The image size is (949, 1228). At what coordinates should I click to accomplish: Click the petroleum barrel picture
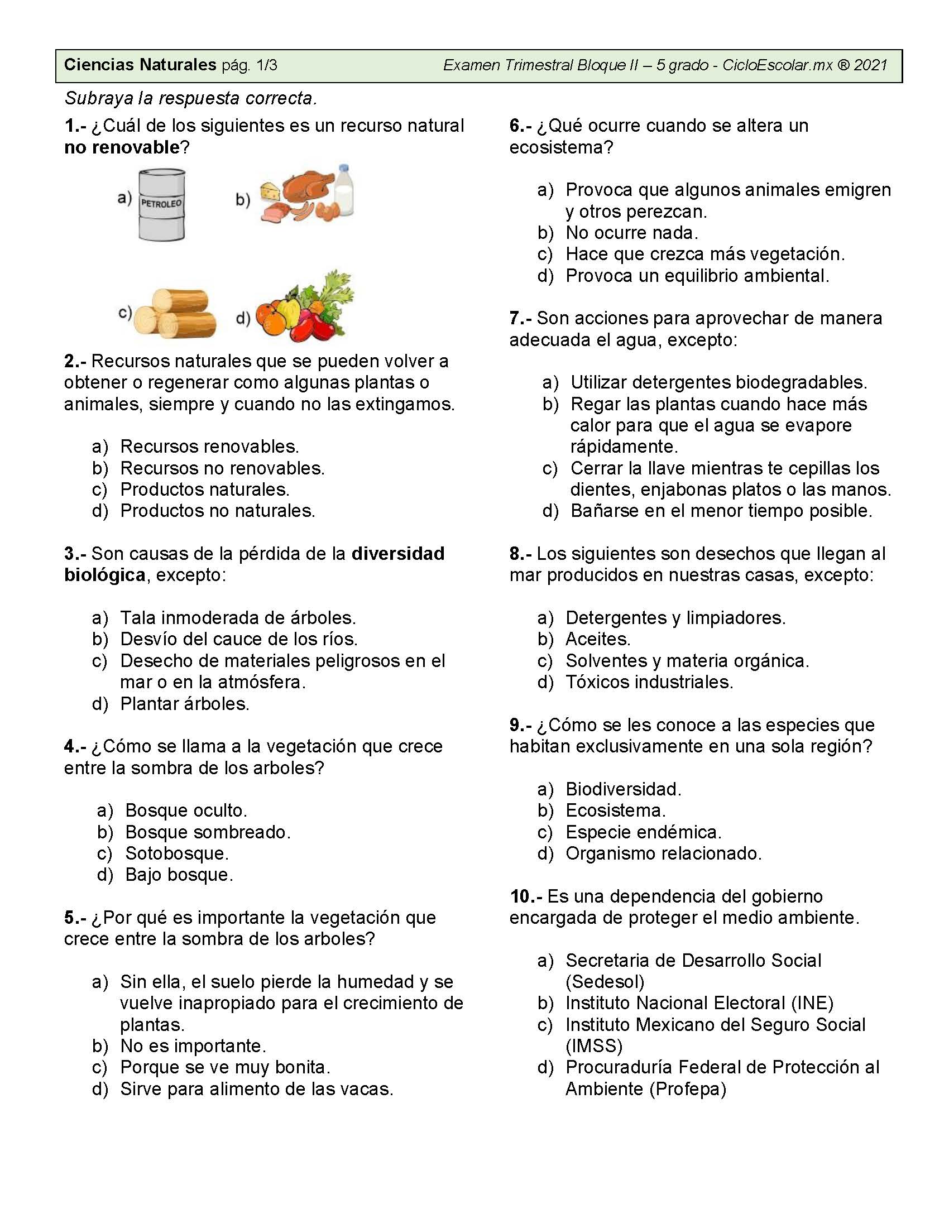161,205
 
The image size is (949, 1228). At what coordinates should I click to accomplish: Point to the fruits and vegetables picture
304,308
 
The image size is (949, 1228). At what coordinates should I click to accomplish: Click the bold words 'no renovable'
122,147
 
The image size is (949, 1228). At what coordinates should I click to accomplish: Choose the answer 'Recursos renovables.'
209,447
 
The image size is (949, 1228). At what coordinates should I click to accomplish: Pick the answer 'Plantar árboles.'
184,703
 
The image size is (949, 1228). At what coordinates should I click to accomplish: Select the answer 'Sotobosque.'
176,853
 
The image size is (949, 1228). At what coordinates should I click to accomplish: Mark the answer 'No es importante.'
193,1046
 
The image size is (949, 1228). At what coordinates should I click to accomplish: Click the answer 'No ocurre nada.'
631,233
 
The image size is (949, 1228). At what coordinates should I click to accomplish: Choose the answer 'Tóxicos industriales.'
649,682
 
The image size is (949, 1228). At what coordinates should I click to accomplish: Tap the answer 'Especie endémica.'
643,832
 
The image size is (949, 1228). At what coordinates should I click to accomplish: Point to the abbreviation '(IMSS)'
594,1046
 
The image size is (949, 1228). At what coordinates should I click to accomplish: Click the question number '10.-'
526,896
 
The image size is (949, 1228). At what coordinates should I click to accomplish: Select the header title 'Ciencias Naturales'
140,65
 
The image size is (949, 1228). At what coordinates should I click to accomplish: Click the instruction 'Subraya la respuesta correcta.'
190,99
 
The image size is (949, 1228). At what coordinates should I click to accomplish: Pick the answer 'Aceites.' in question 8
598,639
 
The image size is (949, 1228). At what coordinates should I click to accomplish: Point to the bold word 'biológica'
104,575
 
